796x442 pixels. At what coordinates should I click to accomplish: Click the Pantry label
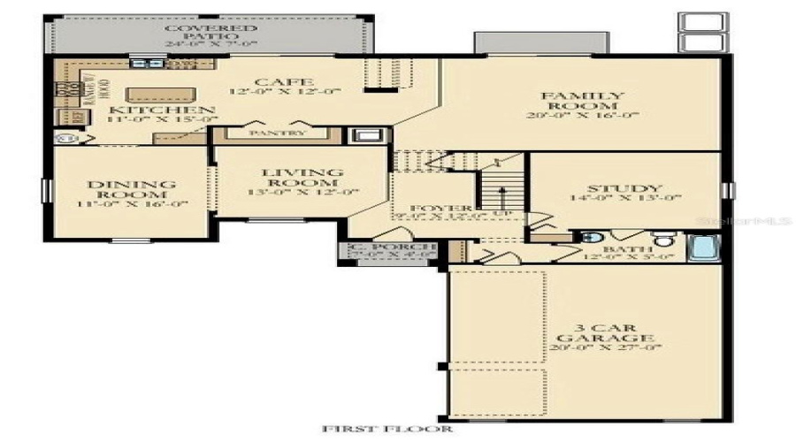pos(277,133)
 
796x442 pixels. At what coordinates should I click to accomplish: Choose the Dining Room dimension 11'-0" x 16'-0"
pos(131,204)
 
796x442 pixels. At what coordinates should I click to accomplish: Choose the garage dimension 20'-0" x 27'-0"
pos(605,347)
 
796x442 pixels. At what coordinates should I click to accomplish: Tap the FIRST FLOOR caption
pos(387,430)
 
